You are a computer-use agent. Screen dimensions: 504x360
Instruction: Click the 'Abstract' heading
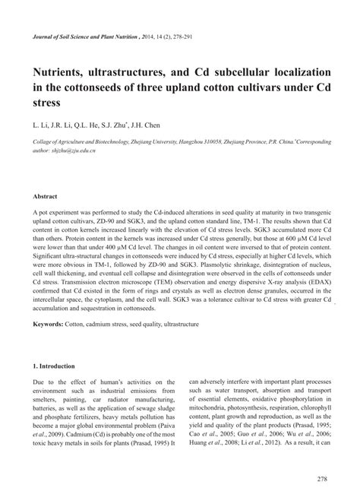point(46,195)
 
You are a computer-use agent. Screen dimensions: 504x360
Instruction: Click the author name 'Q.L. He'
point(98,124)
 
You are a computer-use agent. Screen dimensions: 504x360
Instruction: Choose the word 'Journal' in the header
point(45,36)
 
